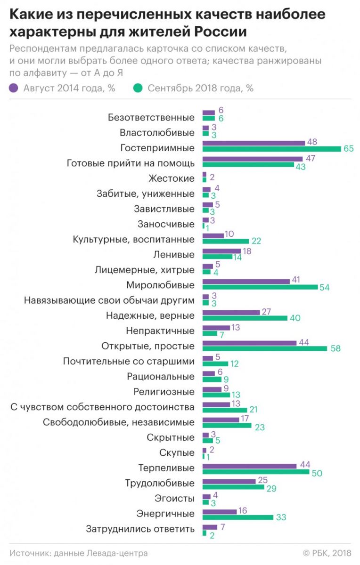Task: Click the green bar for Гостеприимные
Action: (x=271, y=149)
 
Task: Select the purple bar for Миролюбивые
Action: (x=246, y=281)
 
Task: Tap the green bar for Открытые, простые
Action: (x=264, y=348)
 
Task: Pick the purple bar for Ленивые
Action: (x=221, y=251)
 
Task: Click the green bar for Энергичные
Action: (x=237, y=517)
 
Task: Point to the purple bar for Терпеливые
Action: (x=249, y=466)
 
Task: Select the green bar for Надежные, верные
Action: (x=245, y=318)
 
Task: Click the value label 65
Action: (x=349, y=149)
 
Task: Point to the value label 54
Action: (x=324, y=288)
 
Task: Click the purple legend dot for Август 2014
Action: (x=14, y=88)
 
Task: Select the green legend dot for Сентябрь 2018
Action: (x=138, y=88)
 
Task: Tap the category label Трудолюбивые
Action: (x=160, y=483)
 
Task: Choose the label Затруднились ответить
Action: (x=140, y=529)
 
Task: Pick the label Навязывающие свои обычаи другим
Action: (x=109, y=300)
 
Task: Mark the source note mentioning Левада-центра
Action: (x=78, y=553)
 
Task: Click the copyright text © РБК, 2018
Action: (x=327, y=553)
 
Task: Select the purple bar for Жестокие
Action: (x=205, y=175)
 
